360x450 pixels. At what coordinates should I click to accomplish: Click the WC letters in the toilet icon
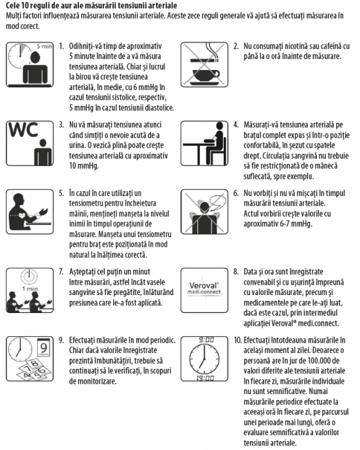click(23, 130)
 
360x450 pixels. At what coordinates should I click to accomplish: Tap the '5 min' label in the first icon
click(44, 46)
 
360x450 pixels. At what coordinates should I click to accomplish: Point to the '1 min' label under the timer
click(30, 289)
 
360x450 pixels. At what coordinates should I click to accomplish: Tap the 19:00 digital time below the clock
click(205, 378)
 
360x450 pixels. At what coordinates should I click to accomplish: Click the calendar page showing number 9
click(44, 348)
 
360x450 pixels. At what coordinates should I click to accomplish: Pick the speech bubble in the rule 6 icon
click(217, 201)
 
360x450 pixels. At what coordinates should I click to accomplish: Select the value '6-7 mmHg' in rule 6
click(296, 224)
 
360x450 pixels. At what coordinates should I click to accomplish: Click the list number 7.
click(61, 271)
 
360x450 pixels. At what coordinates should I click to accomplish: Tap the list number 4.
click(236, 125)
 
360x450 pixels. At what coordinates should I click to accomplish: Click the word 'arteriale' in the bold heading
click(163, 5)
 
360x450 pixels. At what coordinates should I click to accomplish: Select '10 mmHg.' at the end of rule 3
click(84, 166)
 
